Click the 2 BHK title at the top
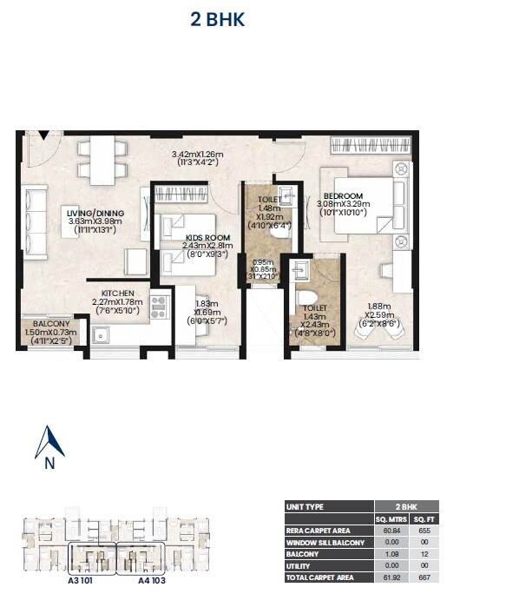coord(218,19)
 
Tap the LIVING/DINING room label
coord(95,214)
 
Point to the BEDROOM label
coord(344,196)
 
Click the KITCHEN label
coord(117,294)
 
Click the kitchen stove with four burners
coord(159,305)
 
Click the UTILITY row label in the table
coord(299,564)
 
